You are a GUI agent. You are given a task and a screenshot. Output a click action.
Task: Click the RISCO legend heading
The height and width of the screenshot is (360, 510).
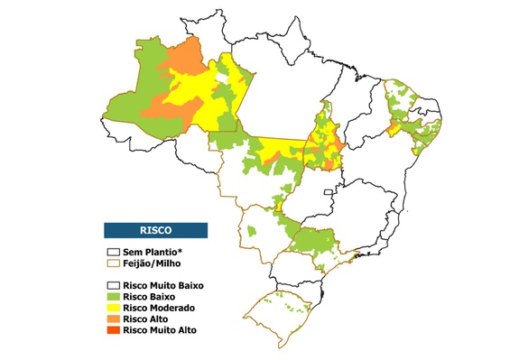tap(156, 229)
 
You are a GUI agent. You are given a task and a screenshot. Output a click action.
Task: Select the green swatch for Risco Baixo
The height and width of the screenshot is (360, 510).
tap(113, 296)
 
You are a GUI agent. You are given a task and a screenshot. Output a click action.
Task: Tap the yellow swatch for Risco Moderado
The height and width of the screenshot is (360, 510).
tap(113, 308)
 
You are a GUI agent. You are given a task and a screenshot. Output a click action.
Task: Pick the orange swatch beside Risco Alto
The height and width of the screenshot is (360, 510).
tap(113, 319)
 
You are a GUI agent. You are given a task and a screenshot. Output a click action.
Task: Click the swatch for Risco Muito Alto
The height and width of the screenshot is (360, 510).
tap(113, 330)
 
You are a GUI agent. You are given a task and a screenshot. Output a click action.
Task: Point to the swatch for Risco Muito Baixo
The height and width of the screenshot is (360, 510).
tap(113, 285)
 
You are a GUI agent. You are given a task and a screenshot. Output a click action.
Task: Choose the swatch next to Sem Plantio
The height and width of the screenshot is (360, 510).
tap(113, 252)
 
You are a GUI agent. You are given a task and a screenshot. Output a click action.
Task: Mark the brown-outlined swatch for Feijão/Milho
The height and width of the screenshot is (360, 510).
tap(113, 263)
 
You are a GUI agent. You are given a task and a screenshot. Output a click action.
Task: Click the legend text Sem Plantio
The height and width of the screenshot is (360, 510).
tap(149, 252)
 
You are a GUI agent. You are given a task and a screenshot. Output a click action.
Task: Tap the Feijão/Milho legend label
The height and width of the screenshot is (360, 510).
tap(151, 263)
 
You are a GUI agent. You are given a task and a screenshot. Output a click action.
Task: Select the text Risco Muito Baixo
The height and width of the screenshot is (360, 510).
tap(163, 285)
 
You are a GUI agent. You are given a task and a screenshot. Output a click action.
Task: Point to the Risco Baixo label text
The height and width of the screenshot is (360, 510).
tap(149, 296)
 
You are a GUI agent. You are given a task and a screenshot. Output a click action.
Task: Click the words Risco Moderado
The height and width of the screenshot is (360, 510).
tap(157, 308)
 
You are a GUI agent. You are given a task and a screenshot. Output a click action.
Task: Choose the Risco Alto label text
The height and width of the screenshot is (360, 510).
tap(145, 319)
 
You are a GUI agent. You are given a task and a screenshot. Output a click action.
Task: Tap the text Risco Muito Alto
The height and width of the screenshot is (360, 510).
tap(160, 330)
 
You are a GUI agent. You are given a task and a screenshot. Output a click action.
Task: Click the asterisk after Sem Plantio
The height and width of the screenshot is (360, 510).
tap(179, 251)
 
